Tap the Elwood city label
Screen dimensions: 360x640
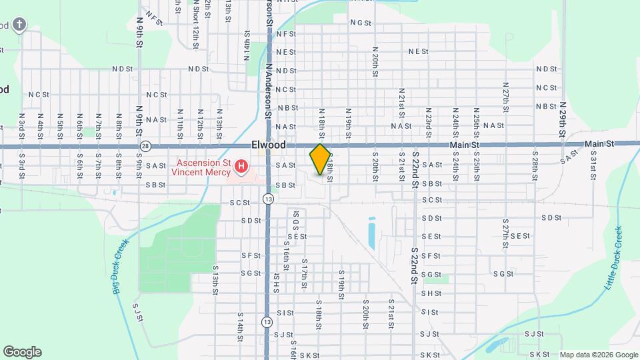pyautogui.click(x=269, y=145)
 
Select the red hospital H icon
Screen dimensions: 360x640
pyautogui.click(x=241, y=165)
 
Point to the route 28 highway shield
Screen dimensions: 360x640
pyautogui.click(x=145, y=145)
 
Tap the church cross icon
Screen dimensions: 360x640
pyautogui.click(x=20, y=25)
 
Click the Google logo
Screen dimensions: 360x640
pyautogui.click(x=22, y=352)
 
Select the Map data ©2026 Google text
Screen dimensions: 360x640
pyautogui.click(x=599, y=355)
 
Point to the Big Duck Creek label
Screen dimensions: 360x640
pyautogui.click(x=117, y=267)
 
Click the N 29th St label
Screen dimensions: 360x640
pyautogui.click(x=563, y=119)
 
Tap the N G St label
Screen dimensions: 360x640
pyautogui.click(x=360, y=22)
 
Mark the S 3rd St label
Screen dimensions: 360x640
pyautogui.click(x=21, y=165)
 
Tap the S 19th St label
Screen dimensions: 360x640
pyautogui.click(x=341, y=280)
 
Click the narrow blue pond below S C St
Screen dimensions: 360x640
pyautogui.click(x=371, y=233)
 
